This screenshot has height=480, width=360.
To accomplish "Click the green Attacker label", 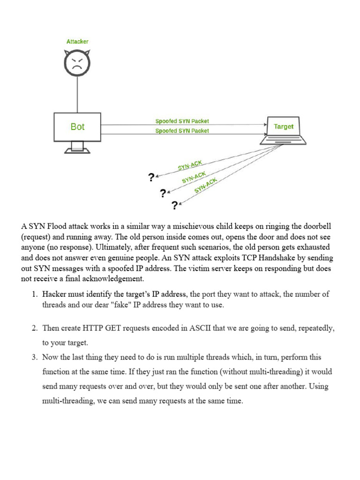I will [x=77, y=42].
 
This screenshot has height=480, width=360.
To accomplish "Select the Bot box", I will [x=77, y=127].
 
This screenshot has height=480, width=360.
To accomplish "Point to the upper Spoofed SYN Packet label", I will [x=182, y=121].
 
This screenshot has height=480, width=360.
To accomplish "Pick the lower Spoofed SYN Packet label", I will [x=182, y=131].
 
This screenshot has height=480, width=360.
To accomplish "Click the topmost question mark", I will [x=151, y=177].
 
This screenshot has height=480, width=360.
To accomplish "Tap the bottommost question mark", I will [x=174, y=205].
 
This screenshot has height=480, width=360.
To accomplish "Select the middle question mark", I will [x=163, y=193].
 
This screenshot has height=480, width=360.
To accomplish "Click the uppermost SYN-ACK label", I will [x=190, y=165].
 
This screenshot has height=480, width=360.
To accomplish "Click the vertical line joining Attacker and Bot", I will [x=77, y=94].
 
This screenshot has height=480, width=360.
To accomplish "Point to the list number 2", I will [x=34, y=328].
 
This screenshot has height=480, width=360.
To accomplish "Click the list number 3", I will [x=34, y=357].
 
